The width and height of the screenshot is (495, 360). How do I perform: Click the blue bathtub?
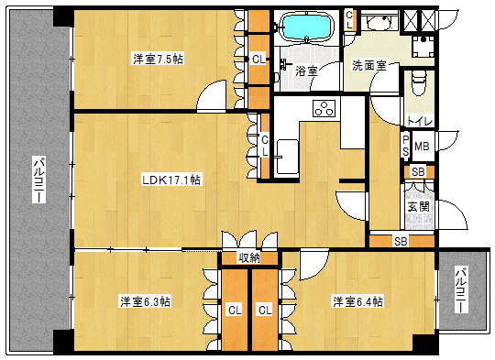click(x=307, y=27)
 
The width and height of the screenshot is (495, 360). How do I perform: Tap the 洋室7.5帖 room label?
click(x=158, y=59)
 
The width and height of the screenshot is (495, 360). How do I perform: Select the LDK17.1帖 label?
click(x=170, y=180)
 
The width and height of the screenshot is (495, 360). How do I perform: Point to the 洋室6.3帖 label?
click(x=145, y=301)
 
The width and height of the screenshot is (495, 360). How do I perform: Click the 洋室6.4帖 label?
click(x=358, y=301)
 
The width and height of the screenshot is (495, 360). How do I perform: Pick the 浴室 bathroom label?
click(x=306, y=71)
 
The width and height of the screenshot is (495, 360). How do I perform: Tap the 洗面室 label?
click(x=369, y=66)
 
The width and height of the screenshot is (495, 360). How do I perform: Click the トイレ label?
click(x=419, y=121)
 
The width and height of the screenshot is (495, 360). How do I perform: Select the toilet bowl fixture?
click(x=419, y=82)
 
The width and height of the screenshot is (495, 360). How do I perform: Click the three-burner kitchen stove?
click(x=324, y=108)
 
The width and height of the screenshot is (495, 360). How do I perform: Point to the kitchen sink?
click(x=287, y=157)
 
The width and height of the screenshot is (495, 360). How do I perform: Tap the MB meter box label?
click(x=422, y=147)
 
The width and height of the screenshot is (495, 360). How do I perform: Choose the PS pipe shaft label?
click(x=406, y=146)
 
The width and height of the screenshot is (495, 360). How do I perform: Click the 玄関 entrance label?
click(x=419, y=207)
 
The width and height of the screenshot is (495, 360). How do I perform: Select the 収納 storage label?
click(x=249, y=258)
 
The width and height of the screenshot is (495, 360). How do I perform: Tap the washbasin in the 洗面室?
click(x=378, y=22)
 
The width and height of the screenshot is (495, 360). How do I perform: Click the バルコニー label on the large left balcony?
click(x=39, y=180)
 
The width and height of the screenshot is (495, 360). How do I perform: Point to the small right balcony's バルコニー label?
click(x=461, y=289)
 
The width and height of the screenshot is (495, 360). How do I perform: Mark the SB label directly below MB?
click(x=418, y=172)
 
